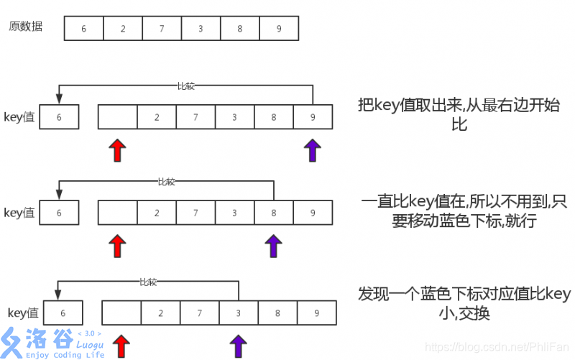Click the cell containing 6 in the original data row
click(84, 29)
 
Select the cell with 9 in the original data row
click(278, 29)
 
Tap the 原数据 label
click(26, 27)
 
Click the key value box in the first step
click(59, 117)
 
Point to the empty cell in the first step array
click(117, 117)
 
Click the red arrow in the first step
click(117, 150)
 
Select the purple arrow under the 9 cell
click(312, 150)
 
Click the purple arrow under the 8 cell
click(273, 245)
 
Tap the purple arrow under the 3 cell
click(238, 345)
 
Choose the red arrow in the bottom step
click(121, 345)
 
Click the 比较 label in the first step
click(185, 86)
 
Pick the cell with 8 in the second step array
click(274, 213)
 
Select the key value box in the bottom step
click(63, 313)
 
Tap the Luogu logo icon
click(12, 342)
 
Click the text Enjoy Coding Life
click(65, 354)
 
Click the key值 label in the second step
click(19, 213)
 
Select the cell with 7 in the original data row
click(162, 29)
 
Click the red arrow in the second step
click(117, 245)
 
